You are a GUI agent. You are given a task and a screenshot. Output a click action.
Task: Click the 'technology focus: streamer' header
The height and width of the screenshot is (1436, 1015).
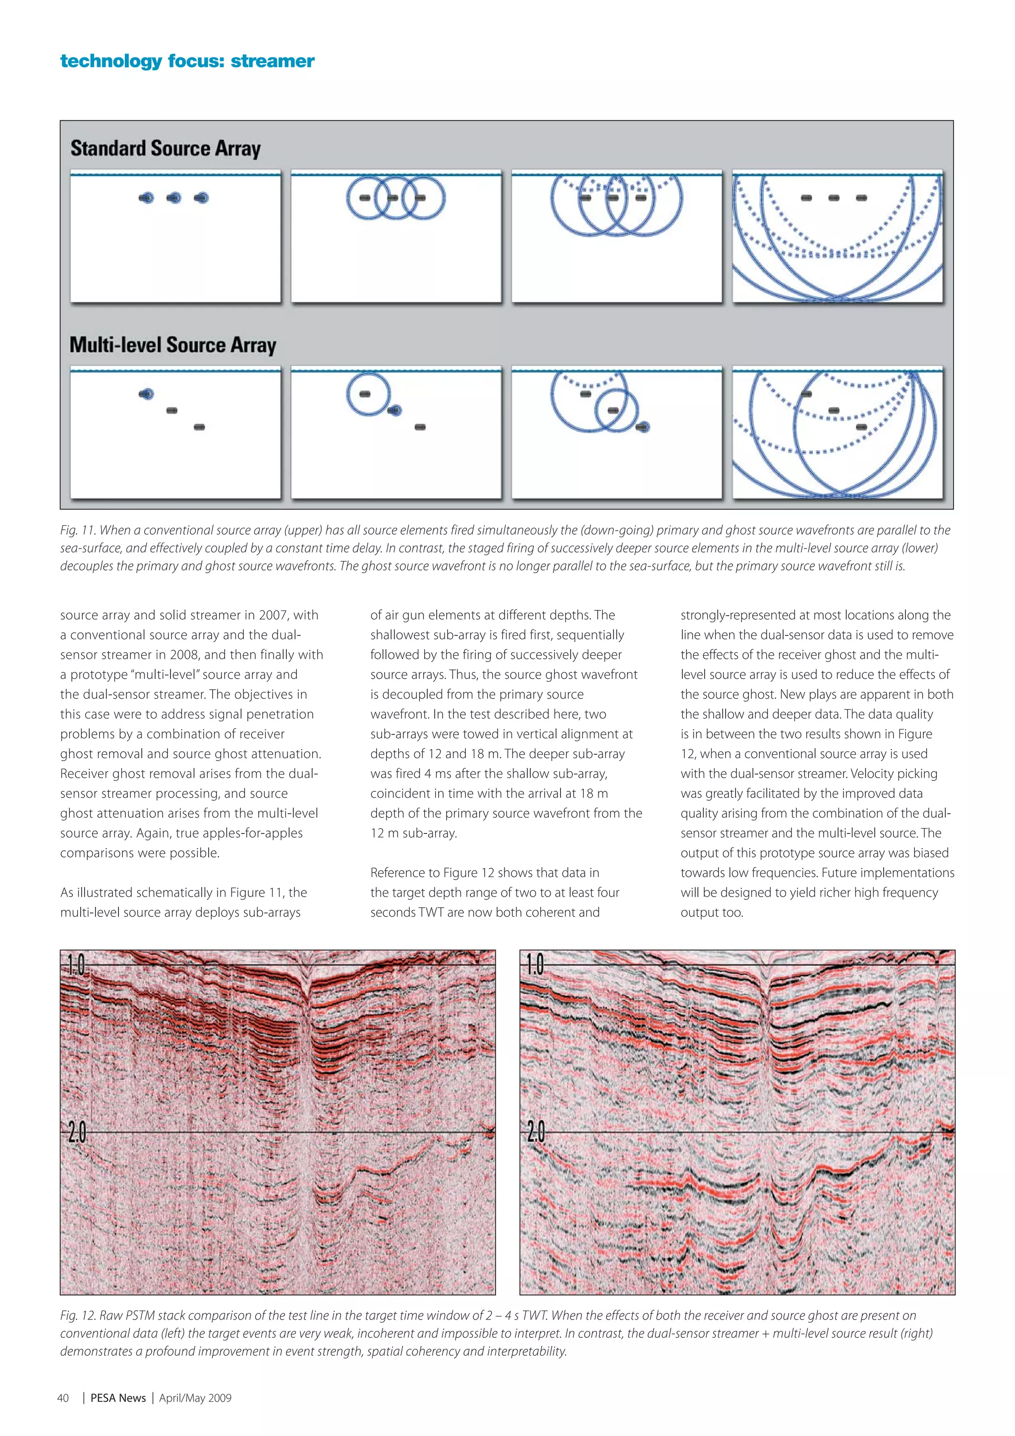click(x=187, y=61)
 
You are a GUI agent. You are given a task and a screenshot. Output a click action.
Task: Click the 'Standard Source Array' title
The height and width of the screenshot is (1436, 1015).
click(x=165, y=148)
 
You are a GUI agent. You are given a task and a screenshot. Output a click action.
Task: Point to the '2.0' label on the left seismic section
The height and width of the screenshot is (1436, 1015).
click(x=76, y=1133)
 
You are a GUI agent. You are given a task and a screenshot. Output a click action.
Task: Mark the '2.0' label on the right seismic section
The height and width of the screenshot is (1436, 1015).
click(x=536, y=1133)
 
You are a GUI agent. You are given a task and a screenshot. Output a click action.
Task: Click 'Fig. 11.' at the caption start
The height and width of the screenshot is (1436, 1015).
click(x=77, y=530)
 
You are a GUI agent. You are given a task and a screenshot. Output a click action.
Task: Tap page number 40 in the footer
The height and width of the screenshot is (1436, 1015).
click(x=63, y=1398)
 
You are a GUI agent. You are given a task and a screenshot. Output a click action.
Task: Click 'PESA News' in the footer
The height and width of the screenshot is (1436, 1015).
click(x=118, y=1398)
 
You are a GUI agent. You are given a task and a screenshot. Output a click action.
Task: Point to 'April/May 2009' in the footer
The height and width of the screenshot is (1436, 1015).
click(x=195, y=1398)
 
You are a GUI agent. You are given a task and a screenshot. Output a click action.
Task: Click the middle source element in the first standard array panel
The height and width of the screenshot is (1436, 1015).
click(x=174, y=198)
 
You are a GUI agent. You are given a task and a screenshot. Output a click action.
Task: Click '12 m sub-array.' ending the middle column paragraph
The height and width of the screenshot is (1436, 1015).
click(x=413, y=833)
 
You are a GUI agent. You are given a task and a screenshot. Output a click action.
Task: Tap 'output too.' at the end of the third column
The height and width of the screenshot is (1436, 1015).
click(x=712, y=913)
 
